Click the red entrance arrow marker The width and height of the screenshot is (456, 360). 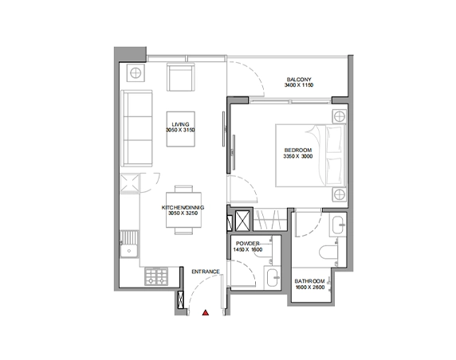pos(206,313)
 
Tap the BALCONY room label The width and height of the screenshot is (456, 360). pos(299,80)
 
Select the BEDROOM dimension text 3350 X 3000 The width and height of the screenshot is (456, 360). pos(298,156)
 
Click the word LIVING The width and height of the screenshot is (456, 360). pos(180,124)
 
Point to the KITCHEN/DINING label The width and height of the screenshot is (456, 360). pos(183,207)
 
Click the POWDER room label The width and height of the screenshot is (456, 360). pos(247,244)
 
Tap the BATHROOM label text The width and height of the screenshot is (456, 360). pos(309,281)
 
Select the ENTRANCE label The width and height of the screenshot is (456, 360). pos(206,272)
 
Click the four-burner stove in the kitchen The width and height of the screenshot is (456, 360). pos(156,276)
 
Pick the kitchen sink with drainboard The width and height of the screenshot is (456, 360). pos(129,244)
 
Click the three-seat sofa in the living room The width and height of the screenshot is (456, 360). pos(136,128)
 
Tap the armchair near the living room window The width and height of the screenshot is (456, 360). pos(181,77)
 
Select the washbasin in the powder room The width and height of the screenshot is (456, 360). pos(273,278)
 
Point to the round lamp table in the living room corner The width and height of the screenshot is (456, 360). pos(136,73)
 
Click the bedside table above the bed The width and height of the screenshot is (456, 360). pos(340,117)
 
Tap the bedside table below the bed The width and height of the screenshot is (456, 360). pos(340,194)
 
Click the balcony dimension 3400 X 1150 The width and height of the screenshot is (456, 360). pos(299,85)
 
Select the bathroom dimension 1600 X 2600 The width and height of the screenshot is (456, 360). pos(310,288)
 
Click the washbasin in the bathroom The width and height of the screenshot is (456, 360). pos(338,225)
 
